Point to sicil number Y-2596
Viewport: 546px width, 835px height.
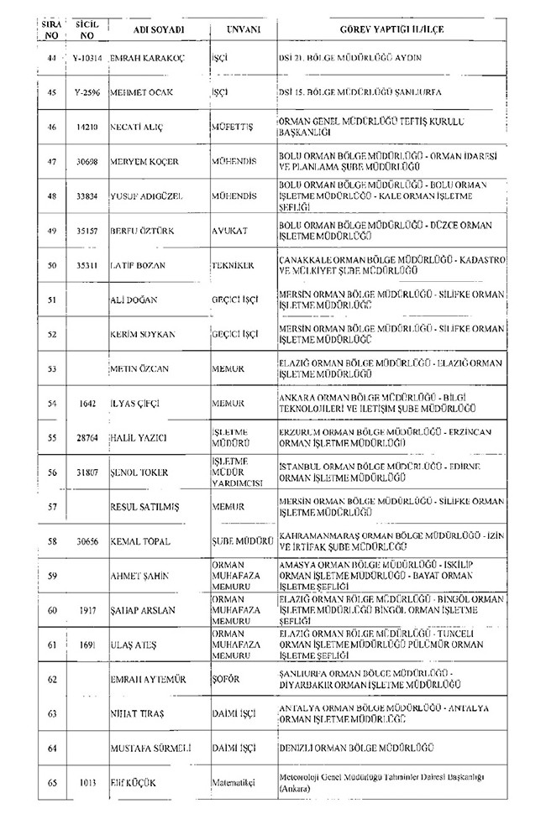pos(86,91)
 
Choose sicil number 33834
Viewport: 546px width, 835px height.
pos(86,196)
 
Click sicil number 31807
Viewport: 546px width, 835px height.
pos(86,472)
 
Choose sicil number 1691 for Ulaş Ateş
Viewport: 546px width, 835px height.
pos(86,643)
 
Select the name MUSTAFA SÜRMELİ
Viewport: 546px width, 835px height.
pos(150,746)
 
